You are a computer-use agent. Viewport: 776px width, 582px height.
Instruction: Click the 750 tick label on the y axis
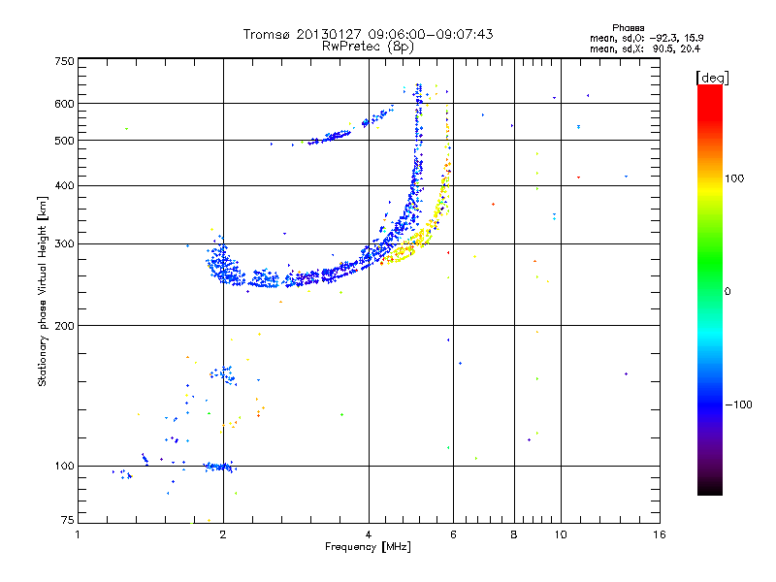tap(64, 61)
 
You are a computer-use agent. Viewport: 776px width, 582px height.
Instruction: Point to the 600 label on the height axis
tap(64, 104)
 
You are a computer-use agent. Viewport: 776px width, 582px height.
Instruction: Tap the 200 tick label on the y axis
tap(64, 326)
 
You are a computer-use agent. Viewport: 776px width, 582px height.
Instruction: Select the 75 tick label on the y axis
tap(68, 520)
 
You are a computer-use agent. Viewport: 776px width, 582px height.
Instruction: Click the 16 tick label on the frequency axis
tap(660, 534)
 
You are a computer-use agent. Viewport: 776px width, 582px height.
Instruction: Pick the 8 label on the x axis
tap(514, 534)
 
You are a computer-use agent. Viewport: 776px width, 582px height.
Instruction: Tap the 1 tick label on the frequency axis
tap(78, 534)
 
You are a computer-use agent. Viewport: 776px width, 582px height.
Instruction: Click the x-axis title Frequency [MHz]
tap(368, 547)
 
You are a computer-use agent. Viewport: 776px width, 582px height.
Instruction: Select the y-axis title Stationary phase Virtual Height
tap(43, 292)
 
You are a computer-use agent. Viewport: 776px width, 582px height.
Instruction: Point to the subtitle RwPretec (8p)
tap(368, 47)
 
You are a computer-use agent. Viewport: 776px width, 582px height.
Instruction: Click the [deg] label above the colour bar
tap(712, 78)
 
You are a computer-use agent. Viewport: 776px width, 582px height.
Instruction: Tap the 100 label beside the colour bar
tap(734, 178)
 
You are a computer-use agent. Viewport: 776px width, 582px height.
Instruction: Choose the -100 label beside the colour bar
tap(738, 404)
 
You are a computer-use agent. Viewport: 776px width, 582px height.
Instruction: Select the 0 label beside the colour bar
tap(727, 292)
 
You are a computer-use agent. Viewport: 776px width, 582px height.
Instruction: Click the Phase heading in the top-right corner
tap(628, 28)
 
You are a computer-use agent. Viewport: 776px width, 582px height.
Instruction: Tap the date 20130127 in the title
tap(329, 34)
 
